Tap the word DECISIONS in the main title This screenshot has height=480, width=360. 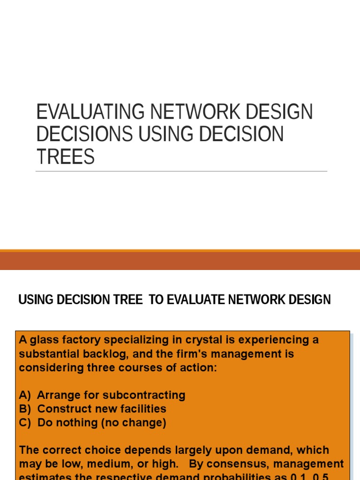tap(84, 134)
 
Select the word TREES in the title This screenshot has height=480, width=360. tap(65, 157)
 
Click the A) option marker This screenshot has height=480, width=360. tap(25, 395)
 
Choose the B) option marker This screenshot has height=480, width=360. tap(25, 409)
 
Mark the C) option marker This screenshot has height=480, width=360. tap(25, 423)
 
